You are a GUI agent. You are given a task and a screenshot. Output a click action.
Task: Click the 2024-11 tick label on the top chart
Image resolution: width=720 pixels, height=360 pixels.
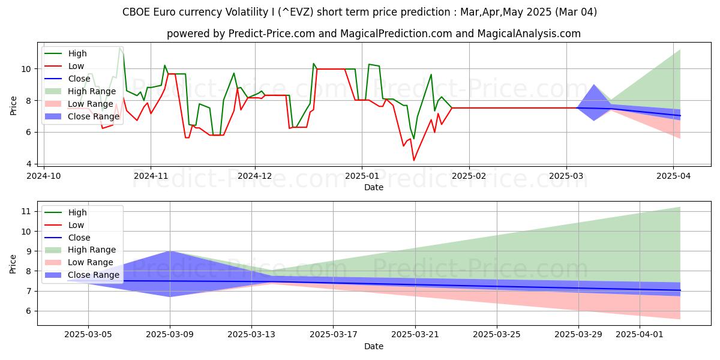pyautogui.click(x=150, y=176)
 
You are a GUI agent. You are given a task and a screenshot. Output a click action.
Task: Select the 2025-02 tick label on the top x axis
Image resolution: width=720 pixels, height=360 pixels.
pyautogui.click(x=468, y=176)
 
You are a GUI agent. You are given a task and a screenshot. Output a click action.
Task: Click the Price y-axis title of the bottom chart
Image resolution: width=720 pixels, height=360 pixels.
pyautogui.click(x=13, y=263)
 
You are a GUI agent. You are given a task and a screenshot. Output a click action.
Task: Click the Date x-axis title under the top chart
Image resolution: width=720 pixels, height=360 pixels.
pyautogui.click(x=374, y=187)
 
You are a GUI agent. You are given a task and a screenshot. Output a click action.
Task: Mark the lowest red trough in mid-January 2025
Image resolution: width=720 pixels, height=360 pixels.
pyautogui.click(x=413, y=160)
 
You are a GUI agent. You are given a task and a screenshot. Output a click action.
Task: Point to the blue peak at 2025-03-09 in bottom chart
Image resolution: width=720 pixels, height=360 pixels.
pyautogui.click(x=170, y=251)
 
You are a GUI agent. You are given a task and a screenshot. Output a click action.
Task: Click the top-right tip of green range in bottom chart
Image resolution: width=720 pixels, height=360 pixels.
pyautogui.click(x=680, y=207)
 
